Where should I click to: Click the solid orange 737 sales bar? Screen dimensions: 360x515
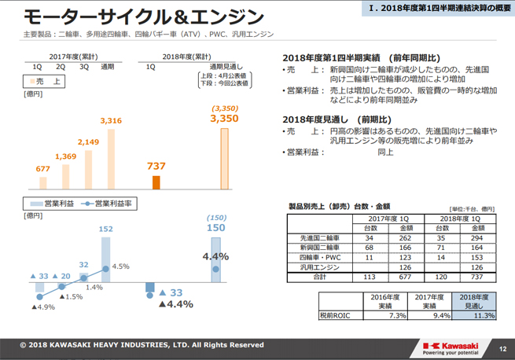click(156, 182)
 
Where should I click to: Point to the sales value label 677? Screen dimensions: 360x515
click(42, 167)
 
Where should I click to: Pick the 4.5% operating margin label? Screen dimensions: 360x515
click(120, 266)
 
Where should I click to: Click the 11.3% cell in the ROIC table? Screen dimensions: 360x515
click(474, 316)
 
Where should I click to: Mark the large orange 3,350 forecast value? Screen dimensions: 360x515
click(224, 119)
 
